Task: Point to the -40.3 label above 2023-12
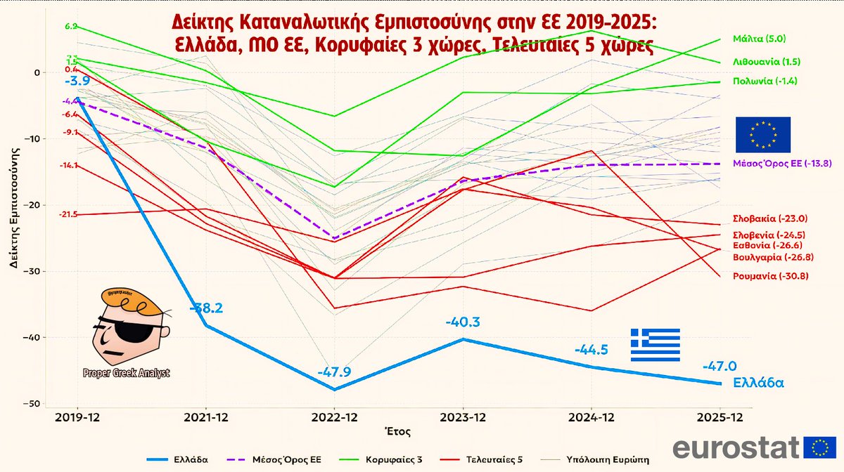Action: click(463, 322)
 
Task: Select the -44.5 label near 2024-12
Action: click(591, 350)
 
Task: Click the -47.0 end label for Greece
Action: click(720, 366)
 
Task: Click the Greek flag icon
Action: click(655, 345)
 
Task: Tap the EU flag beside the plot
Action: click(763, 135)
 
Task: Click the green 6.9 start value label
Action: click(70, 26)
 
